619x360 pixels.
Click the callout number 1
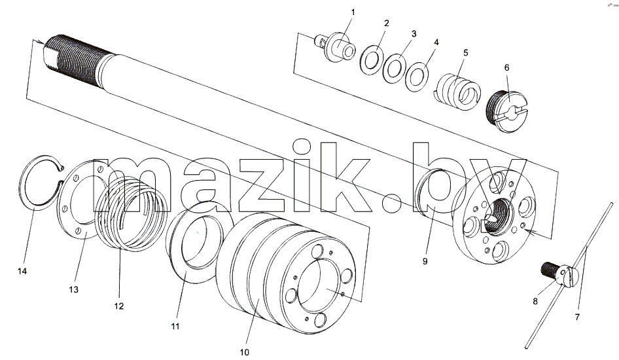coord(353,12)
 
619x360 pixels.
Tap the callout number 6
coord(507,67)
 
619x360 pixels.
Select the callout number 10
coord(244,352)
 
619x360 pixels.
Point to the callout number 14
coord(22,271)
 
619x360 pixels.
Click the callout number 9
coord(425,261)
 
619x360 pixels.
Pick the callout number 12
coord(119,306)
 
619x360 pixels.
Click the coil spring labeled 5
coord(459,92)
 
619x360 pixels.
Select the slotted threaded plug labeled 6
coord(506,111)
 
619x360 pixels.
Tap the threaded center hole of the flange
coord(498,215)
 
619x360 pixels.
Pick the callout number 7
coord(577,317)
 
